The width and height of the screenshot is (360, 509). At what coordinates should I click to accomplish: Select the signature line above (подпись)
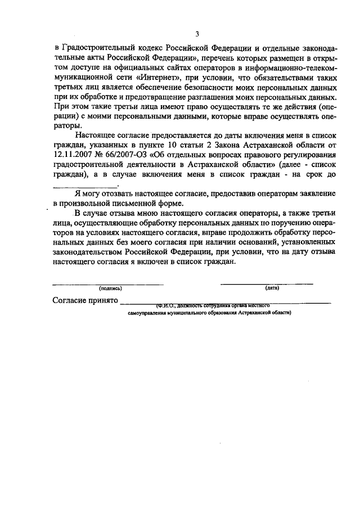pyautogui.click(x=108, y=283)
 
